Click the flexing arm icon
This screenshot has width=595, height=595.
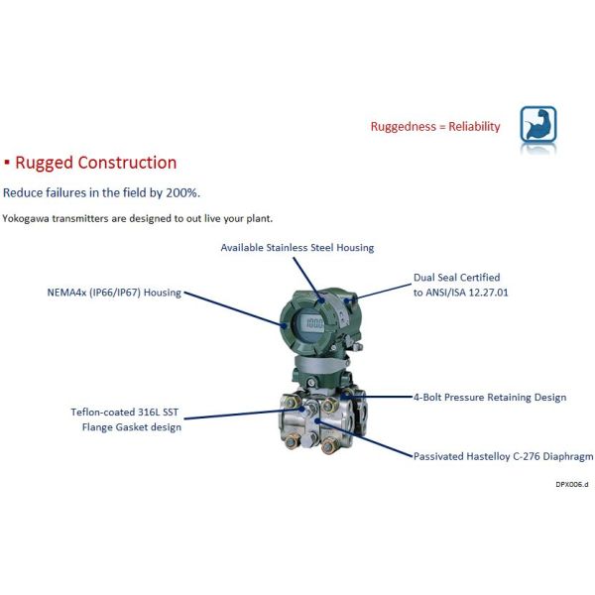tap(538, 125)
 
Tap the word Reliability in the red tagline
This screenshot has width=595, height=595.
tap(475, 127)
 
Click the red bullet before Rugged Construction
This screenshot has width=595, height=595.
tap(7, 163)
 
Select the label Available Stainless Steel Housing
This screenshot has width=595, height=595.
tap(297, 247)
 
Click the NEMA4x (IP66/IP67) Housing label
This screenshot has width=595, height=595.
tap(114, 294)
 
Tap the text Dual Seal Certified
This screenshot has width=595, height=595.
tap(457, 278)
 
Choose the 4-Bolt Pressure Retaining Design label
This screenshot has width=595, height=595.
tap(490, 398)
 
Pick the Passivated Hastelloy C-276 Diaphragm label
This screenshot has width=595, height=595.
tap(503, 456)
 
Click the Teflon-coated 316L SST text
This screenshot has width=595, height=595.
tap(126, 412)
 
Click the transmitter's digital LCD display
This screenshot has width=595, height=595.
tap(314, 324)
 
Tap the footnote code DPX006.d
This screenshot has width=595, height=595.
tap(572, 484)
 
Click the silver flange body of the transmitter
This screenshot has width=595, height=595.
tap(317, 436)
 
